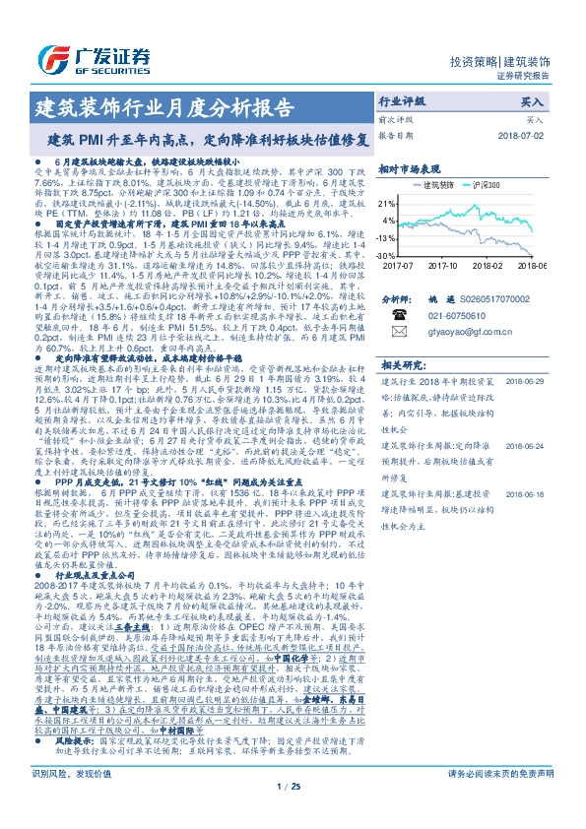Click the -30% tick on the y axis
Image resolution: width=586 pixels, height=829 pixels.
click(385, 255)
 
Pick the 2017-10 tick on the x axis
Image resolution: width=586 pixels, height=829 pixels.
click(447, 265)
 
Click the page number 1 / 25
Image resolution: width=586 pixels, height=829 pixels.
click(292, 813)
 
